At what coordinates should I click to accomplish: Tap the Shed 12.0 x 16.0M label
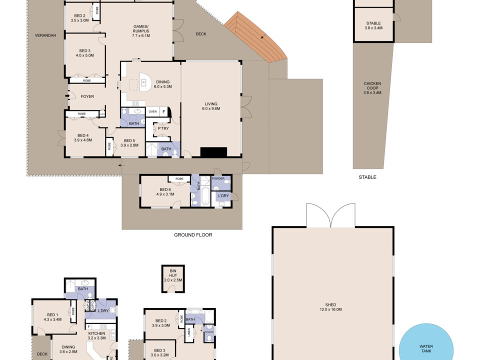pyautogui.click(x=330, y=307)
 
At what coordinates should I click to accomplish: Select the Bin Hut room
pyautogui.click(x=173, y=278)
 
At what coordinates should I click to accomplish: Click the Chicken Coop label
pyautogui.click(x=372, y=88)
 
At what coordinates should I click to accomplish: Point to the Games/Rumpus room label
pyautogui.click(x=141, y=31)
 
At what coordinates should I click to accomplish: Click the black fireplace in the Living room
pyautogui.click(x=213, y=152)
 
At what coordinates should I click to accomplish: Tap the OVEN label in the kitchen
pyautogui.click(x=152, y=111)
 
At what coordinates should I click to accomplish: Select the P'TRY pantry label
pyautogui.click(x=163, y=128)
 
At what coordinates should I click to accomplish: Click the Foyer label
pyautogui.click(x=87, y=96)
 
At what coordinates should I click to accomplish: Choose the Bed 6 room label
pyautogui.click(x=165, y=191)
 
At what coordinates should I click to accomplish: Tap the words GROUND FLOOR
pyautogui.click(x=193, y=235)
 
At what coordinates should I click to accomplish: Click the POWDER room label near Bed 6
pyautogui.click(x=218, y=178)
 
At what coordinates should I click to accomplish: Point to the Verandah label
pyautogui.click(x=45, y=35)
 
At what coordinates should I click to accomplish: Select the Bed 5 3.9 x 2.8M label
pyautogui.click(x=129, y=143)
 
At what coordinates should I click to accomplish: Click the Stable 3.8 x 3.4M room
pyautogui.click(x=373, y=24)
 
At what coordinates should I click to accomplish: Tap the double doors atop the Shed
pyautogui.click(x=330, y=215)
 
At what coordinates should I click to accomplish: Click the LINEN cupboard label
pyautogui.click(x=189, y=332)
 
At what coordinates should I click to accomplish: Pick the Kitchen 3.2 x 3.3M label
pyautogui.click(x=96, y=335)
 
